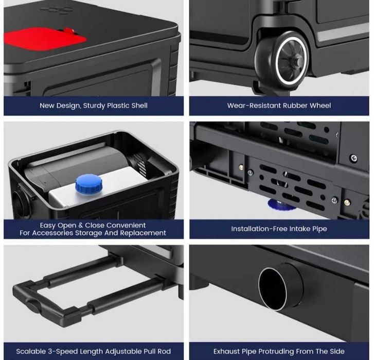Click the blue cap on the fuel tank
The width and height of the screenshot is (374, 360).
88,183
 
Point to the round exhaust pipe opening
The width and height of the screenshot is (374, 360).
273,288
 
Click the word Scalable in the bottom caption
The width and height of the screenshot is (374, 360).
31,351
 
